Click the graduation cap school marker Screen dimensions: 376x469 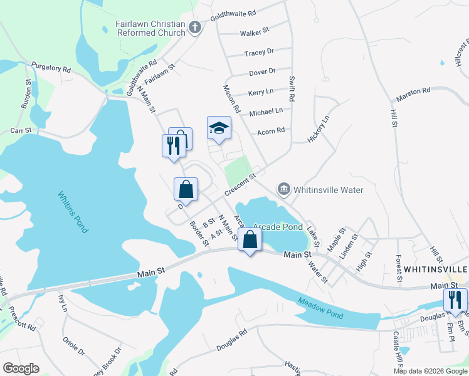pos(219,128)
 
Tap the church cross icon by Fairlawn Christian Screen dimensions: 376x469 pos(195,27)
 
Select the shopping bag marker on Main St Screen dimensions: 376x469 pos(250,239)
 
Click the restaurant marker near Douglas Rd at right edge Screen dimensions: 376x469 pos(455,300)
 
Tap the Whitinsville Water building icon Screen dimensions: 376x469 pos(284,189)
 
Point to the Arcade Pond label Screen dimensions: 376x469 pos(279,227)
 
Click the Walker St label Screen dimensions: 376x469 pos(254,30)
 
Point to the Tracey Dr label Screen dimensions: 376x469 pos(260,52)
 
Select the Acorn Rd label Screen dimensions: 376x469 pos(271,131)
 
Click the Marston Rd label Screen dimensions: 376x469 pos(413,94)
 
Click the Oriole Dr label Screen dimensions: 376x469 pos(75,347)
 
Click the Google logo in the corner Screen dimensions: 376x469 pos(21,368)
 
